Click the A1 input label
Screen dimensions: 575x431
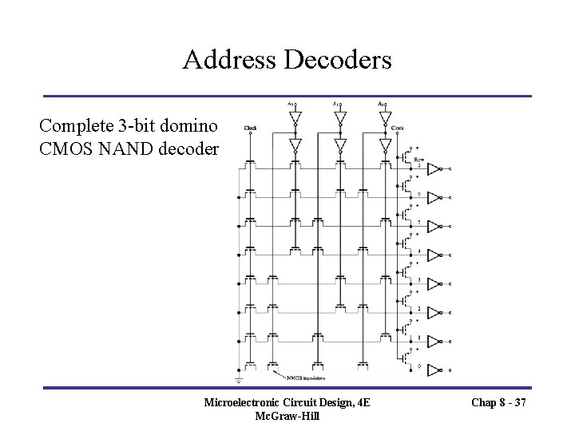335,104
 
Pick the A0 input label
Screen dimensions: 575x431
381,104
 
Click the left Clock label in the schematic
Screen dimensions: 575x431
251,128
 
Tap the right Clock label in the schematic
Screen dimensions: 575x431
397,128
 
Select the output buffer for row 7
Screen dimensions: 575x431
434,169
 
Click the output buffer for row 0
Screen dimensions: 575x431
434,370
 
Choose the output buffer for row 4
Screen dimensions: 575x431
434,255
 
